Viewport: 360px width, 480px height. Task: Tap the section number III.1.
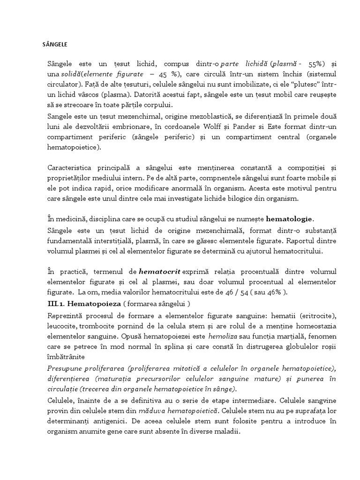(x=58, y=303)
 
